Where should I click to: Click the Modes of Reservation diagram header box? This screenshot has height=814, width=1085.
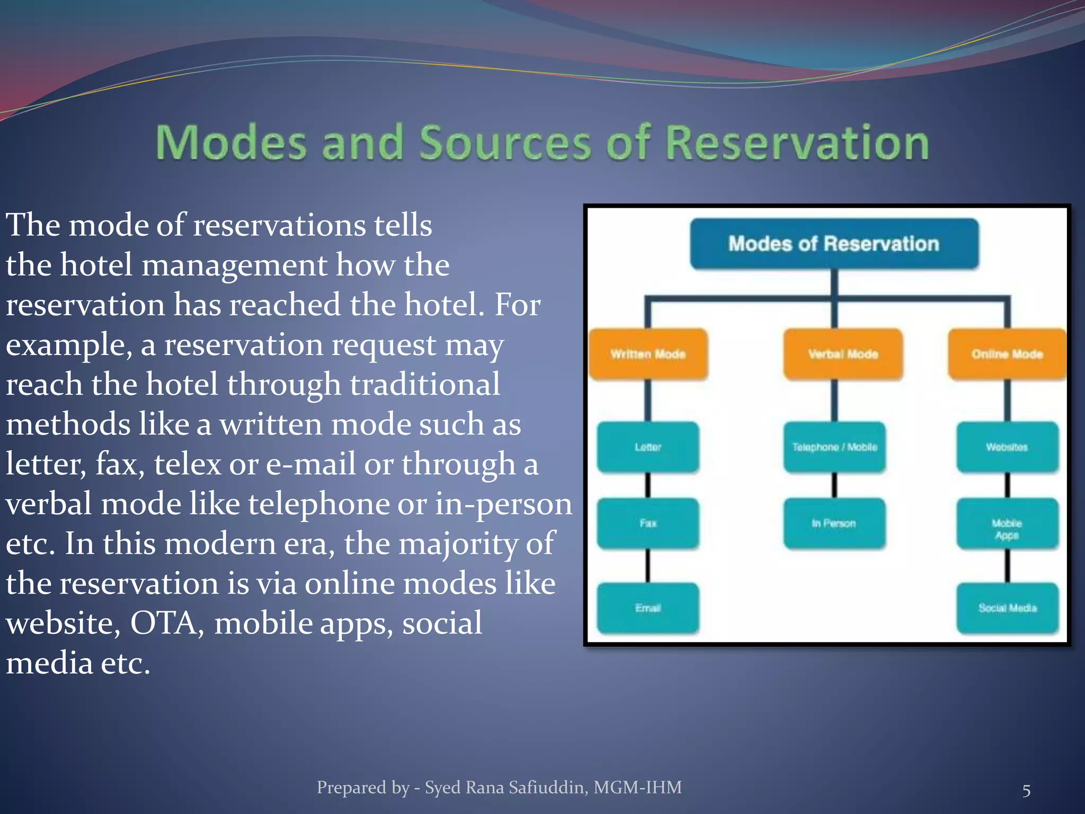834,244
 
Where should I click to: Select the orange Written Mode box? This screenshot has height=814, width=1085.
648,354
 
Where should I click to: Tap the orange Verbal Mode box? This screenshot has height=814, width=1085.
843,354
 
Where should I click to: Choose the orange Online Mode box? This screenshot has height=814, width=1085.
1007,354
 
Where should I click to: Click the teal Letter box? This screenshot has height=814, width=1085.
648,447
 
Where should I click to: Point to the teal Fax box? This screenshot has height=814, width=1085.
648,523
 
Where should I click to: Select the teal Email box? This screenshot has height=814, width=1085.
648,608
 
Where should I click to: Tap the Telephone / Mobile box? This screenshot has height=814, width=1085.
834,447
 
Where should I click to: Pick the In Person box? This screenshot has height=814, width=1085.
834,523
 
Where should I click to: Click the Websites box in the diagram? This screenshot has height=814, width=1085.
1007,447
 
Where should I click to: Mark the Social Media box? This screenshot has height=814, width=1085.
1007,608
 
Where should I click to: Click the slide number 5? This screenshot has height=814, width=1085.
1026,791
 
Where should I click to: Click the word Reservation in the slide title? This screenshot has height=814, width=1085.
796,143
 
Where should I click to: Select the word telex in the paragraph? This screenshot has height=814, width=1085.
187,464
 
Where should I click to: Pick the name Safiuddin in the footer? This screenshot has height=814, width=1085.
548,788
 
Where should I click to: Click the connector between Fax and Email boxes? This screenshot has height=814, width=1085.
648,565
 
